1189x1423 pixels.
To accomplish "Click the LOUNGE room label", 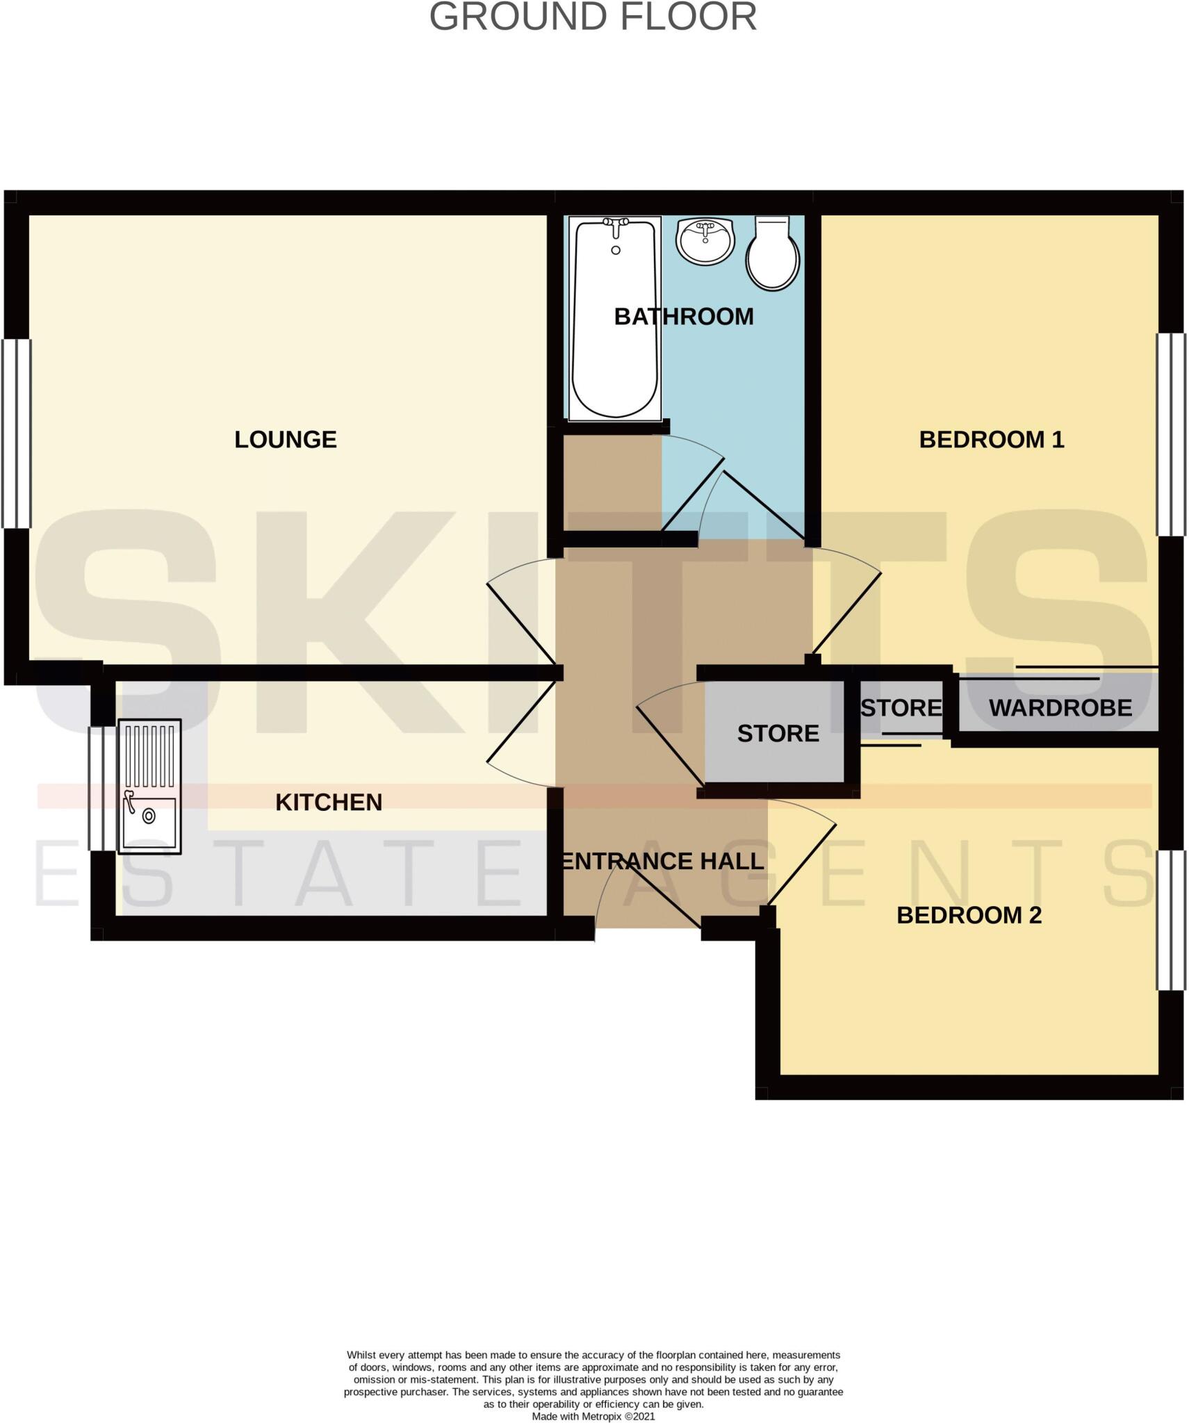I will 285,439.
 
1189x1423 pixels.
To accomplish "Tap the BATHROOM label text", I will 683,317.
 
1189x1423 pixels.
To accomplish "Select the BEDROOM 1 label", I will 991,439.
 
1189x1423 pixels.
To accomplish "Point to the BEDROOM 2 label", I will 969,915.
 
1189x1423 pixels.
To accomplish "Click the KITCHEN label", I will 329,802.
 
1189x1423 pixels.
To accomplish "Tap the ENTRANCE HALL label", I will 662,862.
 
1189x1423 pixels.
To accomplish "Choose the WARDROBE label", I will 1060,707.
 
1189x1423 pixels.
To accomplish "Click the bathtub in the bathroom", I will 614,320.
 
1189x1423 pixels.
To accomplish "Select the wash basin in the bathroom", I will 705,240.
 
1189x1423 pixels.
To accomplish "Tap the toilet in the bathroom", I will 772,254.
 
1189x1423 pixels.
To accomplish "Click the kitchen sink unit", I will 149,786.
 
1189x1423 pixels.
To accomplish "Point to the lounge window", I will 17,433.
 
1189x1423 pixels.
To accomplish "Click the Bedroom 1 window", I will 1170,434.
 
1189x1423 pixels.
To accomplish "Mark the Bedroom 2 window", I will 1170,919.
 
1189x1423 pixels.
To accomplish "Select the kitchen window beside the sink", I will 101,788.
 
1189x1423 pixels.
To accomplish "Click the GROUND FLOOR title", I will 593,17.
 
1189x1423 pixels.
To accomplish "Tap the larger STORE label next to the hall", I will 778,733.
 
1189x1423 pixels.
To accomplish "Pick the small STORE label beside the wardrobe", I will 901,707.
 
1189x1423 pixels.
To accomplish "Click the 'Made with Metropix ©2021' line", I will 593,1416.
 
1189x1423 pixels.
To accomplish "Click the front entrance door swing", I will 646,896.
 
